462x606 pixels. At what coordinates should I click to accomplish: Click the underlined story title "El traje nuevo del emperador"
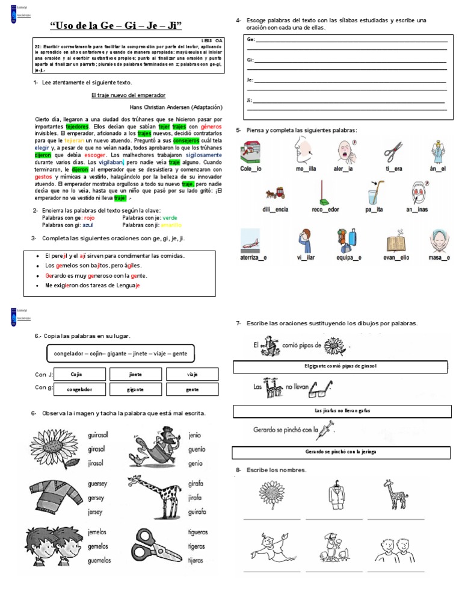pyautogui.click(x=128, y=95)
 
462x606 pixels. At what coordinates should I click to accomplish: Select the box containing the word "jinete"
pyautogui.click(x=135, y=374)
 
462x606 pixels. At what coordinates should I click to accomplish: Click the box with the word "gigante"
pyautogui.click(x=135, y=390)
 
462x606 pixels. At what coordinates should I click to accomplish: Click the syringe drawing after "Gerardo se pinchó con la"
pyautogui.click(x=326, y=430)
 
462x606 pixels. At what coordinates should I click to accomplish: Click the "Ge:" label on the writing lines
pyautogui.click(x=250, y=40)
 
